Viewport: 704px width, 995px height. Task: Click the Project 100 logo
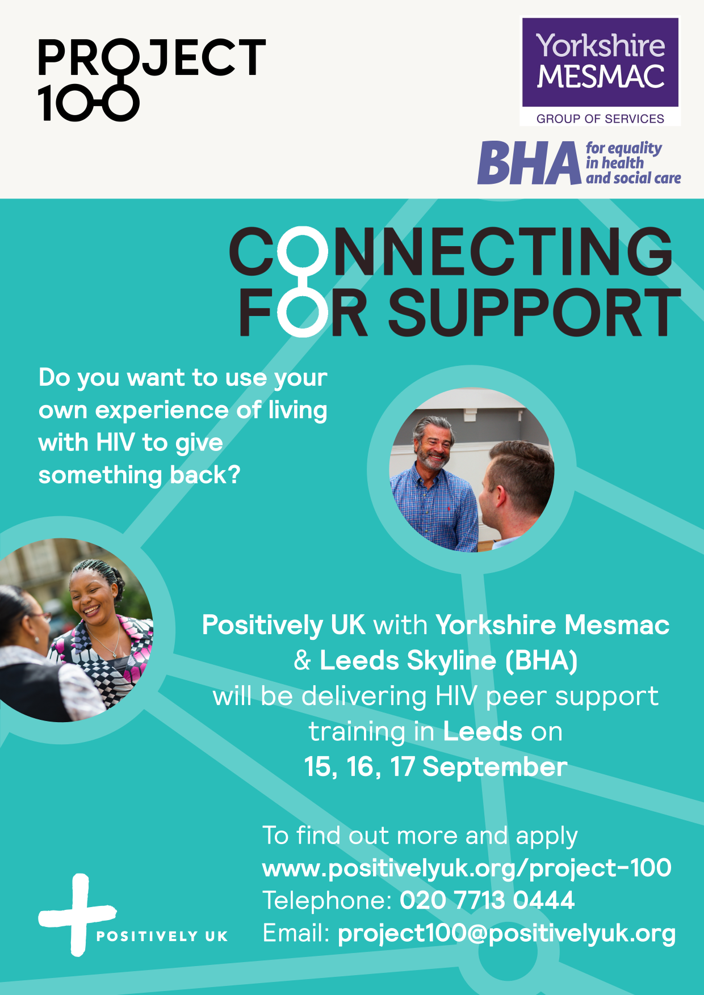(151, 79)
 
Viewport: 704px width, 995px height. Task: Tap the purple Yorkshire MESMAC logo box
(600, 62)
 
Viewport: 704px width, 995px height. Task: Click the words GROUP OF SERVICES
(600, 119)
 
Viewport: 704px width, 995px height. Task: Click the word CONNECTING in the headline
(451, 251)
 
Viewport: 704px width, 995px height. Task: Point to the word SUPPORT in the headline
(534, 312)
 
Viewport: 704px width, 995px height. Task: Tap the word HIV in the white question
(116, 442)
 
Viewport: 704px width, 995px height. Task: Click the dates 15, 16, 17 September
(435, 767)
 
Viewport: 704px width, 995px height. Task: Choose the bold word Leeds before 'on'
(483, 732)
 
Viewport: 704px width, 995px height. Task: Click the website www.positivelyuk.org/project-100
(467, 868)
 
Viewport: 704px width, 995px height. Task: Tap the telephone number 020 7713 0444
(487, 900)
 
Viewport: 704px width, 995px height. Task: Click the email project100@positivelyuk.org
(506, 934)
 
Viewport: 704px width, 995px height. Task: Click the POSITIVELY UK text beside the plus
(162, 936)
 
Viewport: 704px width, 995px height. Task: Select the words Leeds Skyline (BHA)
(449, 661)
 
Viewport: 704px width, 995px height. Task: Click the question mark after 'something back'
(234, 475)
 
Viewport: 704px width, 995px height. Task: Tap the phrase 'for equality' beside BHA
(624, 149)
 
